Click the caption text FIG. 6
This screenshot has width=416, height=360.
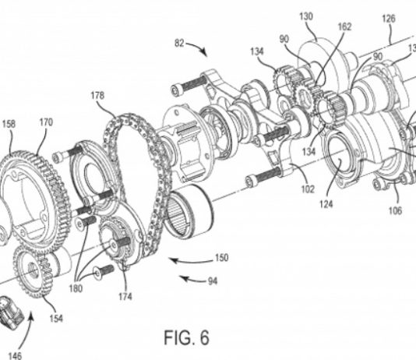tap(186, 337)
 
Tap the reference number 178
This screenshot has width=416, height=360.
tap(97, 96)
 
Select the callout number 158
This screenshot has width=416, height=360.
tap(9, 124)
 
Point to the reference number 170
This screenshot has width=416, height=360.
tap(46, 122)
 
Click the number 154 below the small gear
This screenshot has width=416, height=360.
tap(56, 319)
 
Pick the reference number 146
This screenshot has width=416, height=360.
tap(15, 355)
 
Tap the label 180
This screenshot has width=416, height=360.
tap(76, 288)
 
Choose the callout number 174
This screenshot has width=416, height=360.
tap(125, 296)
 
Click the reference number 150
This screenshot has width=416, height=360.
tap(221, 258)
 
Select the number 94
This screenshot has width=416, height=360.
tap(213, 281)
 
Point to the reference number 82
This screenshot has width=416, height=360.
tap(179, 43)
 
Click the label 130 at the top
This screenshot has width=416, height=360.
tap(306, 16)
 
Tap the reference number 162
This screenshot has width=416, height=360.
tap(344, 26)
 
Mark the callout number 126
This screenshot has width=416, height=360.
tap(389, 19)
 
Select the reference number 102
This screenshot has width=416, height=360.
tap(308, 189)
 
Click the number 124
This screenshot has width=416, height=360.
tap(326, 204)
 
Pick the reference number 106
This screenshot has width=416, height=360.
tap(395, 210)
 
